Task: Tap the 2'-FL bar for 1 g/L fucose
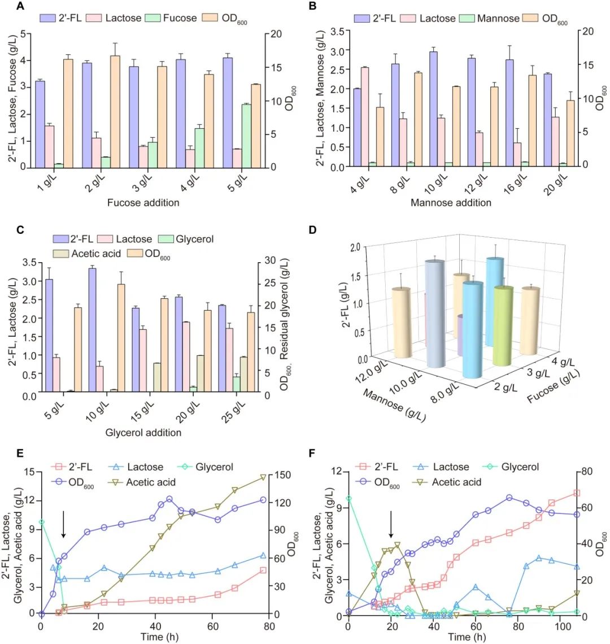tap(40, 124)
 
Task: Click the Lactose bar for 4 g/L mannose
tap(365, 117)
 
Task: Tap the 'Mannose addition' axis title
tap(451, 202)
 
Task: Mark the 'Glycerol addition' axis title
tap(143, 433)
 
